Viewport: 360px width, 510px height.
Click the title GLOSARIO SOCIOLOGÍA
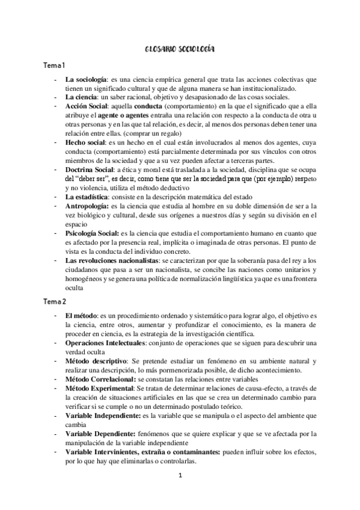tap(180, 51)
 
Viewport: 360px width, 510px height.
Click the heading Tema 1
tap(53, 65)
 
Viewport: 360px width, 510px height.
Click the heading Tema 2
tap(54, 300)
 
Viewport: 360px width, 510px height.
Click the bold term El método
tap(84, 315)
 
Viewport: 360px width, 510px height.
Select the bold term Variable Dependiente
tap(99, 433)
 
